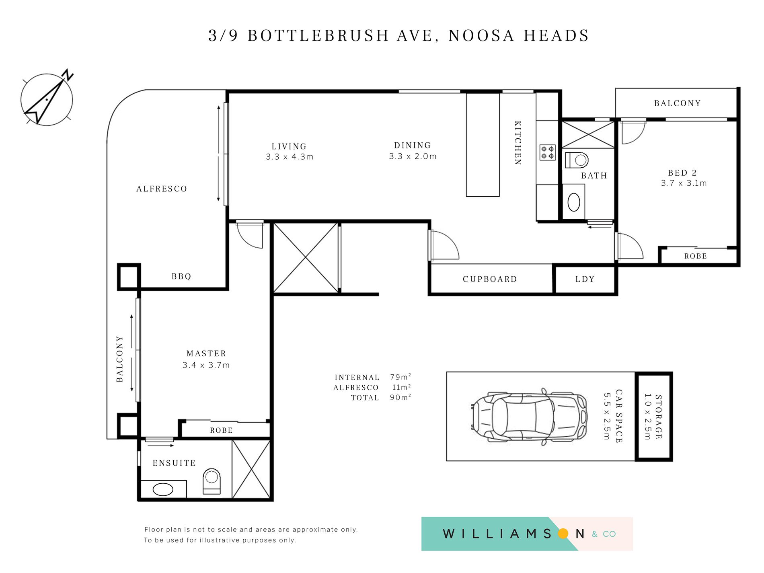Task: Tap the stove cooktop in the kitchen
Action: coord(547,152)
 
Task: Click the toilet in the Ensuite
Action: coord(212,481)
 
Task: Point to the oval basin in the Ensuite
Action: coord(163,489)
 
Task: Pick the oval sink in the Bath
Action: coord(574,202)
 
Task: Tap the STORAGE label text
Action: coord(658,417)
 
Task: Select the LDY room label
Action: coord(585,279)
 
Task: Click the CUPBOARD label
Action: coord(490,279)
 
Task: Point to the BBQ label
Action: coord(181,276)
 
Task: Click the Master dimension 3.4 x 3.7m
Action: coord(206,365)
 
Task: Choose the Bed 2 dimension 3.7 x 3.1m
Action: coord(684,183)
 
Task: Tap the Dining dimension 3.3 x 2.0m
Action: coord(413,156)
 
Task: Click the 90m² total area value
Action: coord(400,397)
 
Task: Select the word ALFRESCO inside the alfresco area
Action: coord(162,189)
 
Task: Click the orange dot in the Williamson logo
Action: coord(563,534)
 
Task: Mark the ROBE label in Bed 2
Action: coord(695,256)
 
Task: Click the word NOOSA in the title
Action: coord(481,36)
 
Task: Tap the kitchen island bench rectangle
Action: coord(483,145)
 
